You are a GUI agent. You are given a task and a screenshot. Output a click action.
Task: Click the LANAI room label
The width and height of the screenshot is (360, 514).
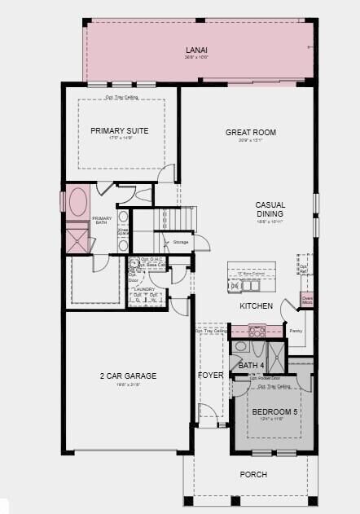tap(192, 50)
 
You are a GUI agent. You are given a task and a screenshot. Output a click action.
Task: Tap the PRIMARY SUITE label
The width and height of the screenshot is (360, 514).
tap(119, 130)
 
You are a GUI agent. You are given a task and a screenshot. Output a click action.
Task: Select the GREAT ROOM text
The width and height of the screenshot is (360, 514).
tap(251, 132)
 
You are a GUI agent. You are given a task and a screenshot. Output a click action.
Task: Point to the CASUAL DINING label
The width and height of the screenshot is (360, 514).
tap(270, 209)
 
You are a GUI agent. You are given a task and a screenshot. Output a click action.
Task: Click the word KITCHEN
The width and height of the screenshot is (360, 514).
tap(256, 305)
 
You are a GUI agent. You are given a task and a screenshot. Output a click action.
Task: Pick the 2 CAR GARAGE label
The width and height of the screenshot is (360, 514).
tap(128, 376)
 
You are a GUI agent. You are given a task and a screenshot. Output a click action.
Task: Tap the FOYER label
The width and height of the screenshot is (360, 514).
tap(211, 376)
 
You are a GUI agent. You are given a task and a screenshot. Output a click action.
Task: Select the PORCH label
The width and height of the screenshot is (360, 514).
tap(252, 474)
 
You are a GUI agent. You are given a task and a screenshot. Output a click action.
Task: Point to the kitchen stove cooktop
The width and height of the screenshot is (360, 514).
tap(257, 331)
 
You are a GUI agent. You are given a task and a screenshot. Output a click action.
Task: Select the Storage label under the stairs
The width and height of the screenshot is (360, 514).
tap(180, 242)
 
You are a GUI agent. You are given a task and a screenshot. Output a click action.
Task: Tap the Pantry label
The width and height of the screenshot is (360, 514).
tap(295, 331)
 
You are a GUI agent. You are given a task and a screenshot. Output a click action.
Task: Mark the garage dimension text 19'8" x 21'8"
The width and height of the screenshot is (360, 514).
tap(127, 385)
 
